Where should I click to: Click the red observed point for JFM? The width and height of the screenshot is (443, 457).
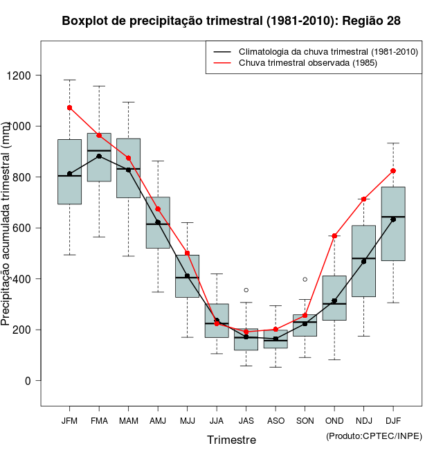pos(69,107)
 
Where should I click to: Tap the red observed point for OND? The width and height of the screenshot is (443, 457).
pos(334,236)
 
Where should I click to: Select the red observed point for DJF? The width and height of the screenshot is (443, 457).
pos(393,170)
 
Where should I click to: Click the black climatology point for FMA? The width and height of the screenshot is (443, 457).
pos(99,156)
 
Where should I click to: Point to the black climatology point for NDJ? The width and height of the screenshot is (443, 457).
pos(364,261)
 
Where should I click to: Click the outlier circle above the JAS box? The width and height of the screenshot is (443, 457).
pos(246,289)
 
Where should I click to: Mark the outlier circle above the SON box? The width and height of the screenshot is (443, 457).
pos(305,279)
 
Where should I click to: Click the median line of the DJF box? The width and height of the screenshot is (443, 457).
pos(393,217)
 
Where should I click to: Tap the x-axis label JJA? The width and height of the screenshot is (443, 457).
pos(217,420)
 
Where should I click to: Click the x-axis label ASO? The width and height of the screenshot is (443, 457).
pos(275,420)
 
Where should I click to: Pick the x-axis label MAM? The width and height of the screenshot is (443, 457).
pos(128,420)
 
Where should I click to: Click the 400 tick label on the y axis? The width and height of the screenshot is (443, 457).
pos(28,279)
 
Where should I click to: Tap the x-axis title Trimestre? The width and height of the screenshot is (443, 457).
pos(231,440)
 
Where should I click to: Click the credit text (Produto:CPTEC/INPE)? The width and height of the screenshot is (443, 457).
pos(374,436)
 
